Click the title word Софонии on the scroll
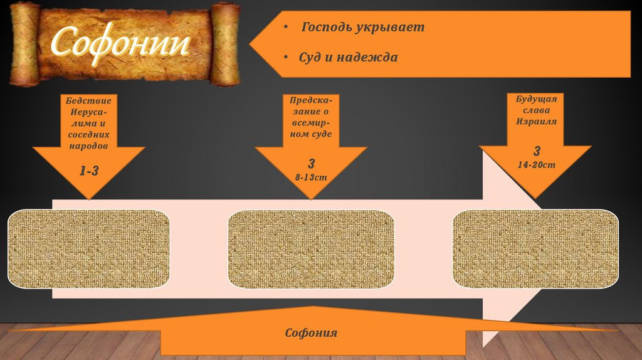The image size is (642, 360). [120, 43]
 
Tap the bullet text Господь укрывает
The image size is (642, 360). [363, 28]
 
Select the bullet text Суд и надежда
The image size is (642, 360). [348, 58]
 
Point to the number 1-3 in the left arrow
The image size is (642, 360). [88, 170]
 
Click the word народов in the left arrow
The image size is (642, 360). [88, 144]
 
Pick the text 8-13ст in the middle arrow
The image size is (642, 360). [311, 177]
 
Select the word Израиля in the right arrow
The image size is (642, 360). [536, 121]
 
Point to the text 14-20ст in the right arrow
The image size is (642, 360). [536, 165]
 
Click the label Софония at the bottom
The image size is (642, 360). [311, 333]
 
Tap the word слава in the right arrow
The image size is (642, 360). [536, 110]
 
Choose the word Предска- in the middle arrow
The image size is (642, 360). [311, 101]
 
